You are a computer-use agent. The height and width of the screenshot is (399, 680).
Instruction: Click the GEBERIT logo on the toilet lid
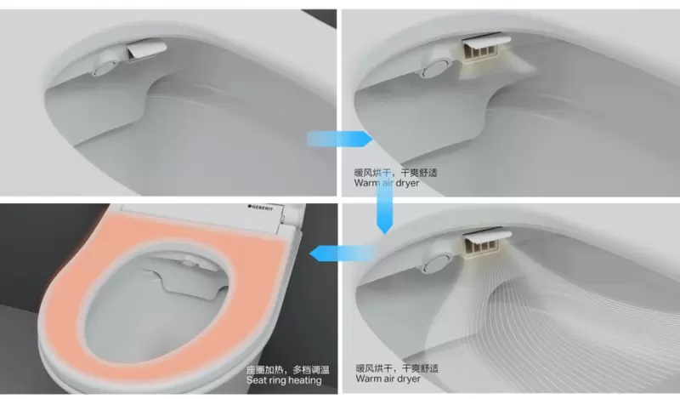coord(261,208)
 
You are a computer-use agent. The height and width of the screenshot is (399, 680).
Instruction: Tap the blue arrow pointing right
coord(339,139)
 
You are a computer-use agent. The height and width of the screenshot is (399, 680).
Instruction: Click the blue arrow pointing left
coord(343,254)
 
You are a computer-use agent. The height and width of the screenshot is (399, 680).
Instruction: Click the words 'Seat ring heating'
coord(284,380)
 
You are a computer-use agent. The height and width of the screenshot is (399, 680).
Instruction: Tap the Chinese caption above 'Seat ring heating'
coord(288,370)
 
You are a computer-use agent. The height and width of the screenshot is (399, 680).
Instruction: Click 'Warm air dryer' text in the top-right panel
coord(387,183)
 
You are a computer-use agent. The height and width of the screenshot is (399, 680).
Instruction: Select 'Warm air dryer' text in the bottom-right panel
coord(388,379)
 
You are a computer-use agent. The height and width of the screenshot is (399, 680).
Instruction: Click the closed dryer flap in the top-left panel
coord(146,48)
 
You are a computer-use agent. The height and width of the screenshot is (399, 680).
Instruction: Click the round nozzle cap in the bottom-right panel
coord(436,263)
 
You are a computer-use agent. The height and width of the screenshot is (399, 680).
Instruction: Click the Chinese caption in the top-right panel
coord(395,173)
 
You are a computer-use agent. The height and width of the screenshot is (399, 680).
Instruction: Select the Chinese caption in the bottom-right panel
coord(397,368)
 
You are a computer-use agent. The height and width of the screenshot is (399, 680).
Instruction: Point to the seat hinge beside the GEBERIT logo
coord(293,214)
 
